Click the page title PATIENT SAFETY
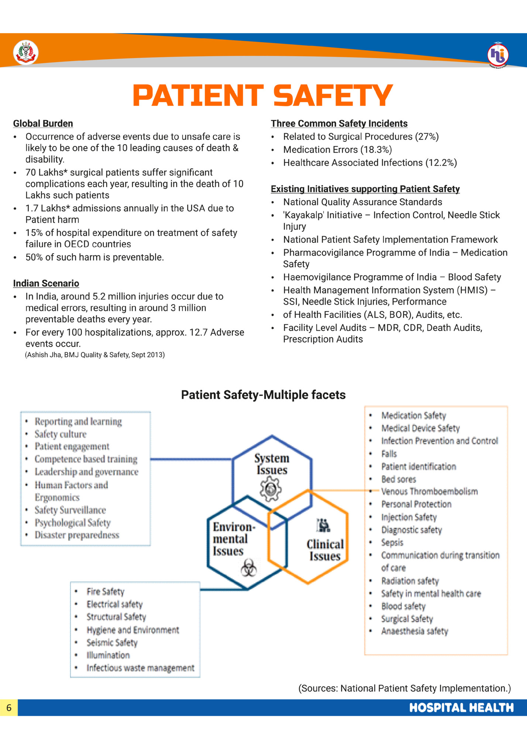click(x=263, y=95)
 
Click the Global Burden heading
click(x=43, y=123)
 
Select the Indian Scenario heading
click(x=46, y=283)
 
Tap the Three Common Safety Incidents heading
click(x=339, y=123)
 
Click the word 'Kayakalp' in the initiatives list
click(x=304, y=215)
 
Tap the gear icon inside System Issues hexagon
click(x=271, y=489)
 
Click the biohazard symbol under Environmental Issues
click(x=249, y=568)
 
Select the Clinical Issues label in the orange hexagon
click(x=325, y=550)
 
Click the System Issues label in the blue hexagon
click(x=272, y=464)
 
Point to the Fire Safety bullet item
click(x=106, y=592)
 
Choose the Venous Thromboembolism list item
click(x=429, y=492)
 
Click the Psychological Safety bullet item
click(x=73, y=523)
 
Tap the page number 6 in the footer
click(x=9, y=708)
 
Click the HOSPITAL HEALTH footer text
click(x=461, y=708)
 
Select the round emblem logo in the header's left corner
click(x=25, y=53)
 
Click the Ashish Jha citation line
click(x=95, y=355)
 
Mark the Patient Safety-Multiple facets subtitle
click(x=263, y=395)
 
